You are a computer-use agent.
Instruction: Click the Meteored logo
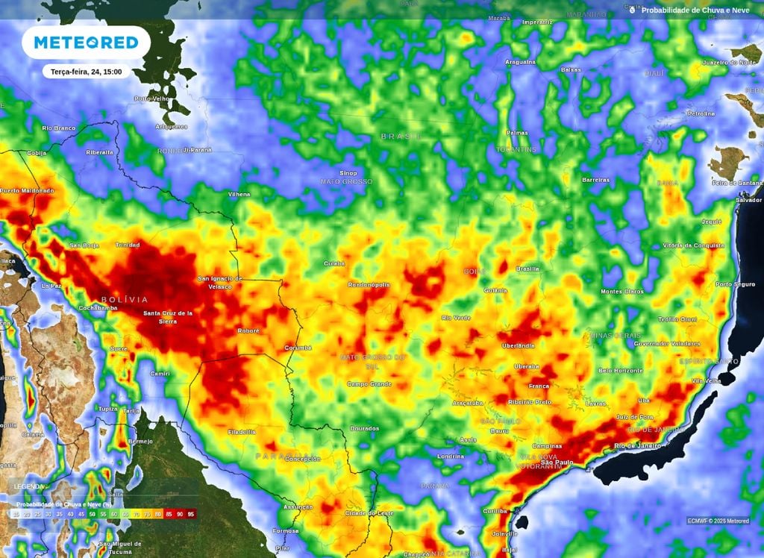click(86, 43)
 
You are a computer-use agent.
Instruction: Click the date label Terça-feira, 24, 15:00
click(87, 72)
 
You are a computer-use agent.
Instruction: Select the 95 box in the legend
click(191, 514)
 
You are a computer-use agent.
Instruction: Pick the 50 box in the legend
click(93, 514)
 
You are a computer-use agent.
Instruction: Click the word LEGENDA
click(28, 486)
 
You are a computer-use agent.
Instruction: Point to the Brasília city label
click(527, 268)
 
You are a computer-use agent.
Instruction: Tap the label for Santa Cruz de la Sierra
click(168, 316)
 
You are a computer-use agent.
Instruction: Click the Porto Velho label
click(152, 98)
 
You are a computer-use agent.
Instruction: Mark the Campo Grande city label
click(369, 384)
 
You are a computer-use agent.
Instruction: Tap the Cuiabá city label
click(334, 263)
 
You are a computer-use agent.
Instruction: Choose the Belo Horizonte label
click(621, 370)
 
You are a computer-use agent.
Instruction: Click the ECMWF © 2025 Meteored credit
click(718, 521)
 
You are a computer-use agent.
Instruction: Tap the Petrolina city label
click(700, 114)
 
